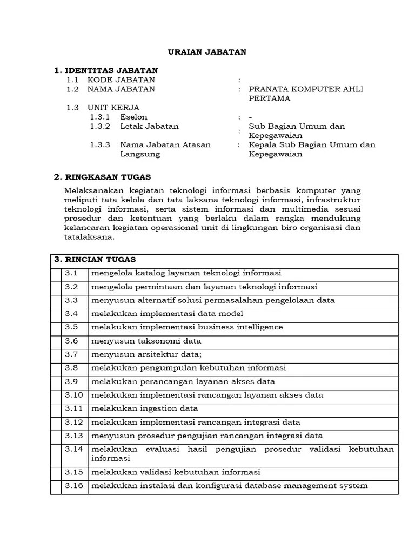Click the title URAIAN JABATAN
click(207, 52)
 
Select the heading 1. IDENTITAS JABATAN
click(107, 70)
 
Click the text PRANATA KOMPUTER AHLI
click(306, 89)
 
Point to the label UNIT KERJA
click(113, 108)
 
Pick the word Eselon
click(133, 117)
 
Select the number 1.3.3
click(100, 144)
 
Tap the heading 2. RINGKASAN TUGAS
click(103, 177)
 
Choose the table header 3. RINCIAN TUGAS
click(95, 260)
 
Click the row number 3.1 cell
click(72, 273)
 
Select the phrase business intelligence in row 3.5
click(240, 327)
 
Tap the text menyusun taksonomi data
click(146, 341)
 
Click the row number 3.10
click(74, 395)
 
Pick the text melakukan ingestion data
click(144, 408)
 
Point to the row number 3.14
click(74, 449)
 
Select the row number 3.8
click(72, 368)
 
